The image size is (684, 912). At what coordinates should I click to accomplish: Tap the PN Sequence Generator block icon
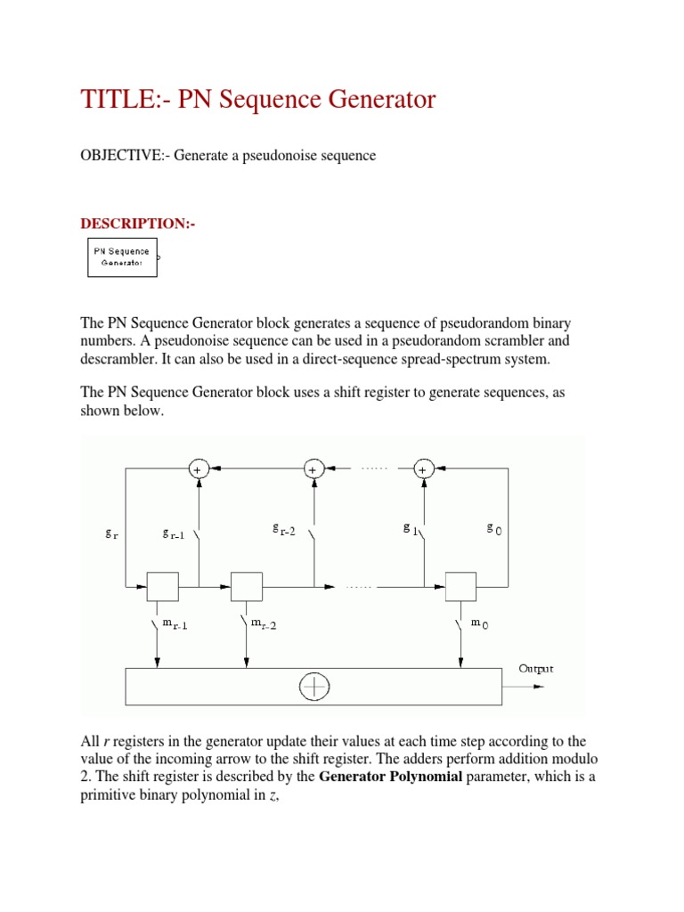pyautogui.click(x=122, y=257)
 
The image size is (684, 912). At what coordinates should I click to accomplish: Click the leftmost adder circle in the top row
pyautogui.click(x=198, y=468)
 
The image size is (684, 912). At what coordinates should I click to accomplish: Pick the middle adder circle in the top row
pyautogui.click(x=313, y=468)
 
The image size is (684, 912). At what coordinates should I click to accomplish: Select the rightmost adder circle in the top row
pyautogui.click(x=424, y=468)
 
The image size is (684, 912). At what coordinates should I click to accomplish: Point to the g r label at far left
pyautogui.click(x=111, y=533)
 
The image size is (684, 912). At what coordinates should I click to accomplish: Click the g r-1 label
pyautogui.click(x=175, y=533)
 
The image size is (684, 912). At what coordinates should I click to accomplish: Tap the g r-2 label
pyautogui.click(x=283, y=530)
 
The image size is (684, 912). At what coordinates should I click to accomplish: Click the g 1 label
pyautogui.click(x=411, y=529)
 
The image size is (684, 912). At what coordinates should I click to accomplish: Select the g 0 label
pyautogui.click(x=493, y=528)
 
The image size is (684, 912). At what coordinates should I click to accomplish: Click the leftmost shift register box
pyautogui.click(x=163, y=587)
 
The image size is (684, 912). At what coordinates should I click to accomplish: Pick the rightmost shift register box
pyautogui.click(x=460, y=587)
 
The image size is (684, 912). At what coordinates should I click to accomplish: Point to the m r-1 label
pyautogui.click(x=175, y=624)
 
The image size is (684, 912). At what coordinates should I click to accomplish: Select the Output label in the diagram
pyautogui.click(x=536, y=668)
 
